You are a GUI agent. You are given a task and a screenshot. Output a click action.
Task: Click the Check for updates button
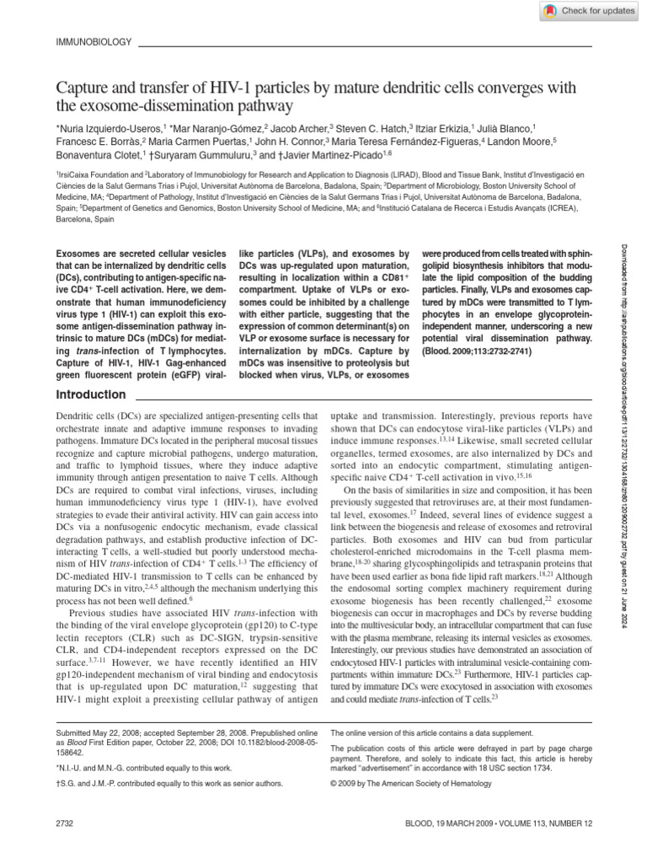click(x=589, y=10)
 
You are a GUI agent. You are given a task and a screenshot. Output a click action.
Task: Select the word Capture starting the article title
click(x=80, y=86)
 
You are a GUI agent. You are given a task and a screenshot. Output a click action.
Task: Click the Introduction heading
click(x=90, y=394)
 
